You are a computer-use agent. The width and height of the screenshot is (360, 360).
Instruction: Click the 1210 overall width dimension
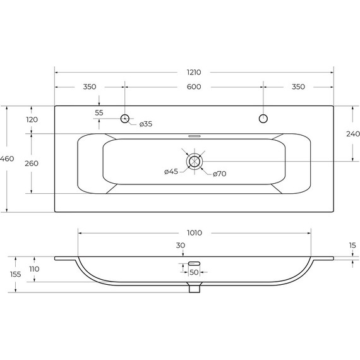[x=194, y=73]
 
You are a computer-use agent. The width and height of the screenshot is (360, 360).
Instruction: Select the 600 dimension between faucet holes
[x=194, y=87]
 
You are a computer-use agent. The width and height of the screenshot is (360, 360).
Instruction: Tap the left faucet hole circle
[x=125, y=118]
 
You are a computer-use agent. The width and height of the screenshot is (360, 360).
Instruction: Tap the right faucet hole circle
[x=263, y=119]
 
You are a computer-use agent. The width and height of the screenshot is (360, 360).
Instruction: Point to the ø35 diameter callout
[x=146, y=124]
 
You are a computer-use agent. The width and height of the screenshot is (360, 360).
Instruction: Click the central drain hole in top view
[x=195, y=162]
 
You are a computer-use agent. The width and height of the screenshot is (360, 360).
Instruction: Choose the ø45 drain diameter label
[x=171, y=172]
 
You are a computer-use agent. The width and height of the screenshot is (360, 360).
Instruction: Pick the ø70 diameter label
[x=220, y=174]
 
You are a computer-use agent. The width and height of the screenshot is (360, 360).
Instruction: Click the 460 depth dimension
[x=7, y=159]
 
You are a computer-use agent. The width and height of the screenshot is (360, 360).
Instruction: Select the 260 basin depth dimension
[x=32, y=164]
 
